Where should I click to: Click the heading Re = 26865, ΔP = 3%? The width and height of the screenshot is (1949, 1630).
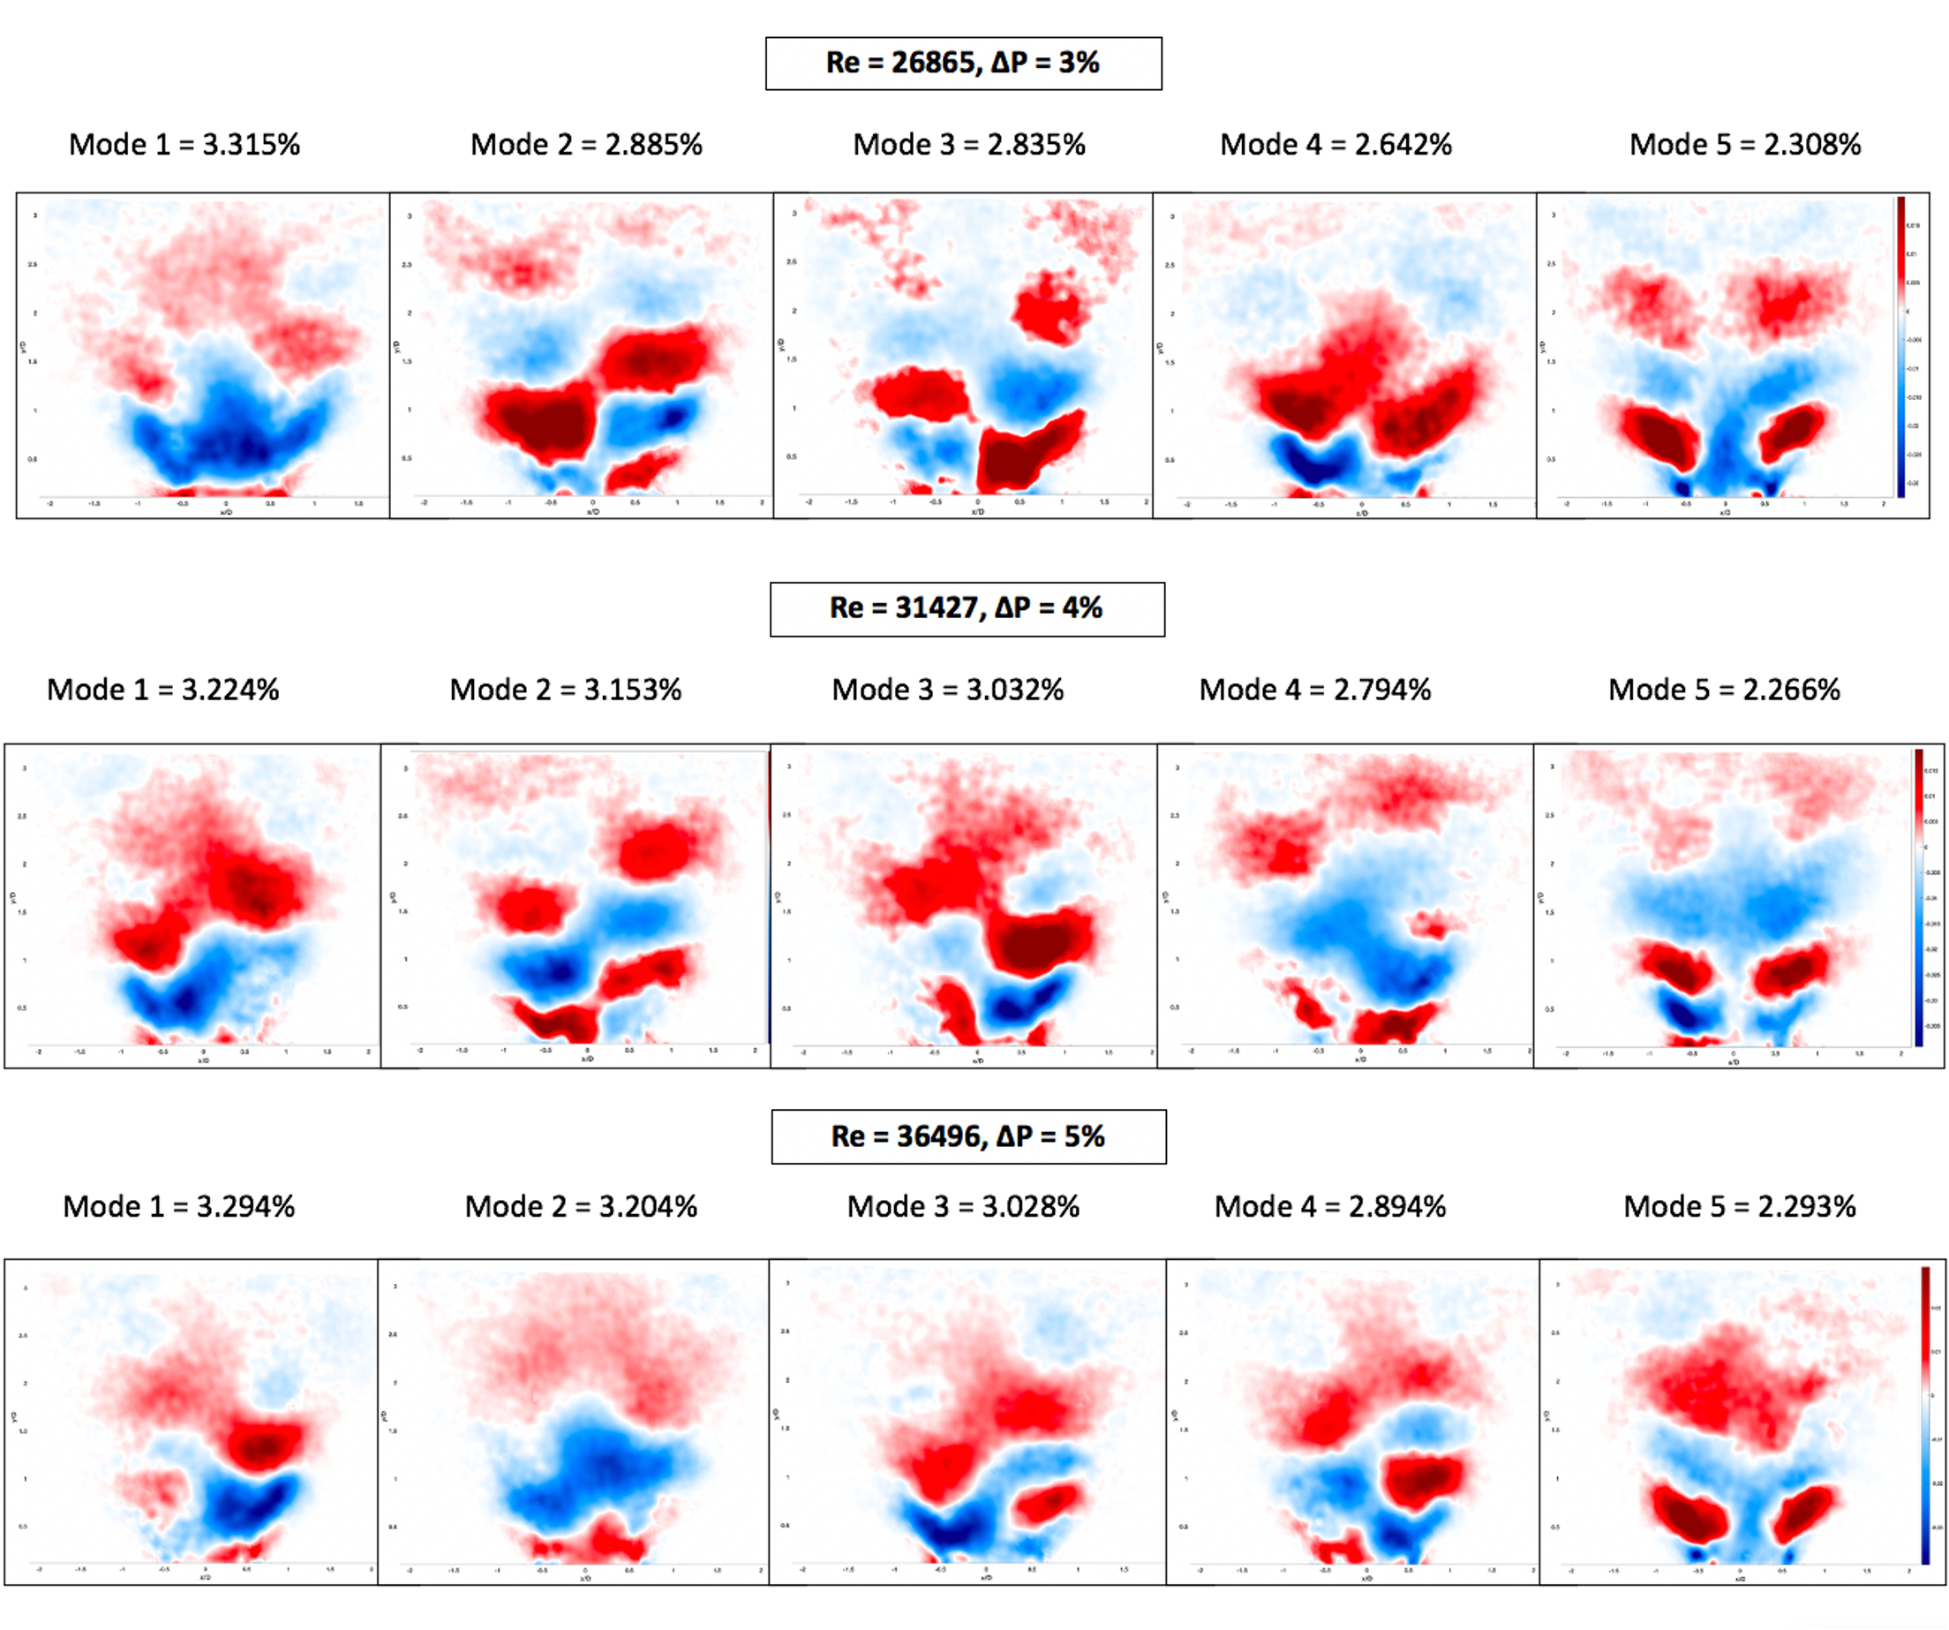(963, 63)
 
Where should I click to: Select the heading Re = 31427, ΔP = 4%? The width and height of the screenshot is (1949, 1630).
(967, 609)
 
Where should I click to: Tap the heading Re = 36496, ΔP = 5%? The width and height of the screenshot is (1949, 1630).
(968, 1136)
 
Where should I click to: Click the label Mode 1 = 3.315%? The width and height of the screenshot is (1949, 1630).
(184, 145)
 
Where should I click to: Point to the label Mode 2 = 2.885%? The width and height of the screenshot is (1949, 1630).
(587, 145)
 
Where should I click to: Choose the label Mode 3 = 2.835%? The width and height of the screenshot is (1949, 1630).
(969, 145)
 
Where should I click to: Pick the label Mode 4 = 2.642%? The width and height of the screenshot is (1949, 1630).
(1336, 145)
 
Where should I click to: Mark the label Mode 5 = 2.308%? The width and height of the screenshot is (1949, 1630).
(1745, 145)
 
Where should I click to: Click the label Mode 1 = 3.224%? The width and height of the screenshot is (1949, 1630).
(163, 690)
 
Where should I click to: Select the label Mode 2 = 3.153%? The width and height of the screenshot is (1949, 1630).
(565, 690)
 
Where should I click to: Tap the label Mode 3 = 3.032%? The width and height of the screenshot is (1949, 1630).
(948, 690)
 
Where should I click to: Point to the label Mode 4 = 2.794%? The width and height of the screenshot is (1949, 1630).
(1315, 690)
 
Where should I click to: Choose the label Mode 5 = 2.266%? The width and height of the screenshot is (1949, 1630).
(1725, 690)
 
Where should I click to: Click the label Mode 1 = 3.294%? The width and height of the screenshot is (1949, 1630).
(179, 1207)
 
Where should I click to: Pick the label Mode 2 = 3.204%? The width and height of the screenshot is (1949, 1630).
(581, 1207)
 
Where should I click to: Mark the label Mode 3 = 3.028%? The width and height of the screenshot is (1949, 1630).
(963, 1207)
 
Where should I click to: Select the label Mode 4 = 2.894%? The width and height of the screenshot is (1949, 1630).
(1331, 1207)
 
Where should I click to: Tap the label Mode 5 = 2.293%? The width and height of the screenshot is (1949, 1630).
(1740, 1207)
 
